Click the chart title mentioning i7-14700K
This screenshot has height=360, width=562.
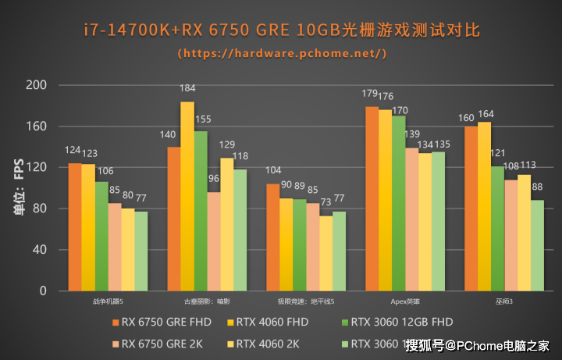coord(281,30)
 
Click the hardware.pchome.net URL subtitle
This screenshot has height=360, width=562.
coord(281,54)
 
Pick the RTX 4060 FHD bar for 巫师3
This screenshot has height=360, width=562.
coord(484,207)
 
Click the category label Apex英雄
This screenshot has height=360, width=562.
coord(405,301)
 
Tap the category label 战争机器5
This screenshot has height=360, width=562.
coord(108,301)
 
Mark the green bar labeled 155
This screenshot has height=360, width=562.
coord(201,211)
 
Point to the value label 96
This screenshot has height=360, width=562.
coord(214,179)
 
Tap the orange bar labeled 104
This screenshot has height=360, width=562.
coord(272,237)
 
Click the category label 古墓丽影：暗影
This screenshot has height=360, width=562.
coord(207,301)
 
